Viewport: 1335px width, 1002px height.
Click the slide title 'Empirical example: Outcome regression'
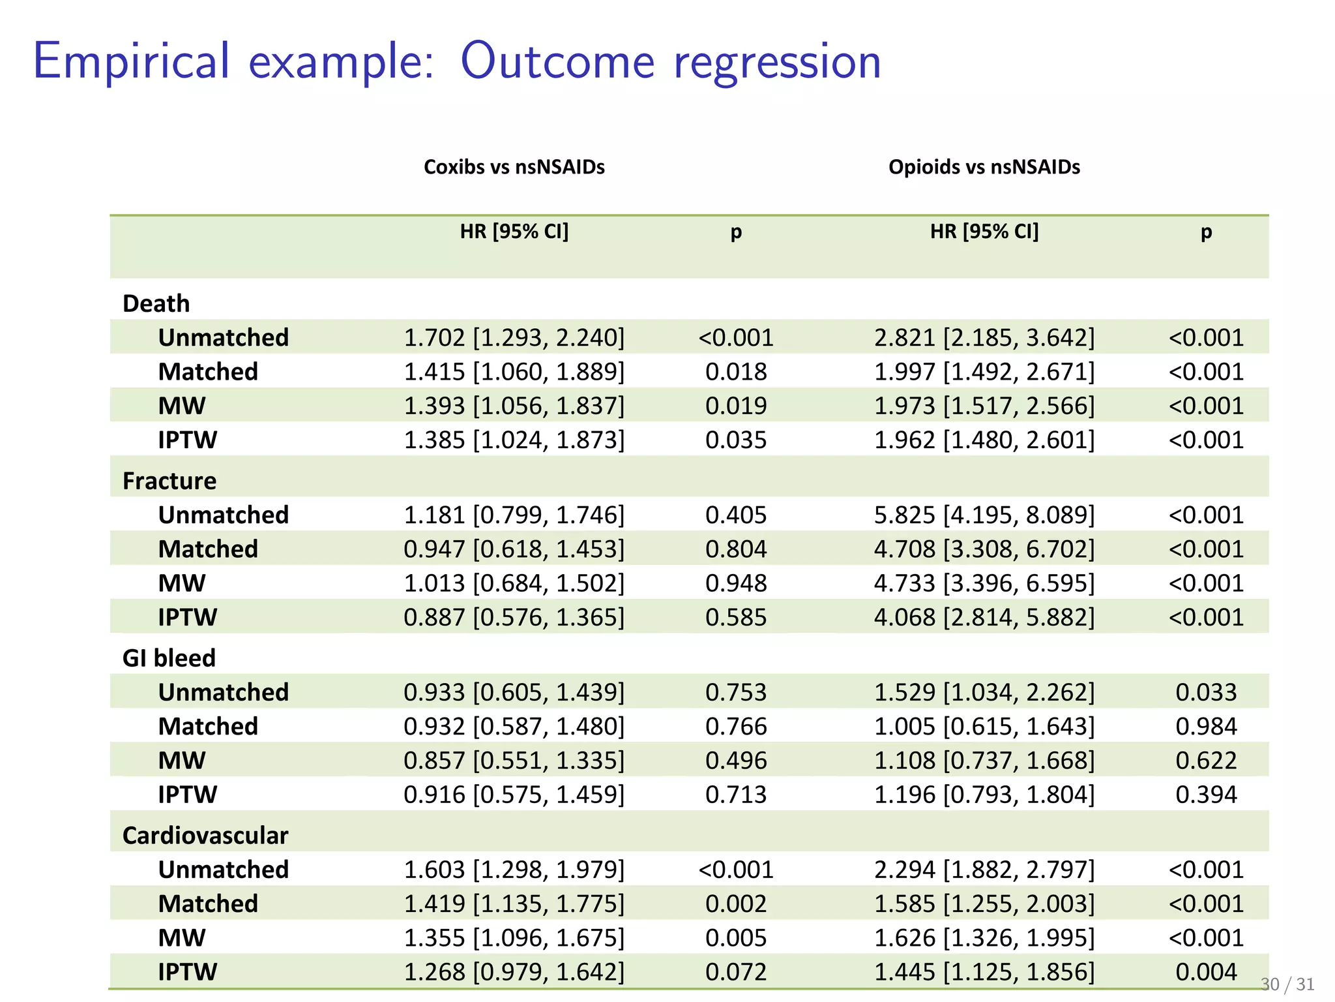(x=456, y=62)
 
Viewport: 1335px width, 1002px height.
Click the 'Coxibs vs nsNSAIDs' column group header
(x=514, y=167)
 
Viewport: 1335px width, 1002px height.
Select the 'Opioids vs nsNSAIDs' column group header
(x=984, y=167)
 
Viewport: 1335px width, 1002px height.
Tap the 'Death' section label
(x=156, y=303)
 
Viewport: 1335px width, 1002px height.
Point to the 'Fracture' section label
(x=169, y=481)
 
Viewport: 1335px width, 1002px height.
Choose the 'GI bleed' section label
(x=168, y=658)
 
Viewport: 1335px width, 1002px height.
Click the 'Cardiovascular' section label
(x=205, y=835)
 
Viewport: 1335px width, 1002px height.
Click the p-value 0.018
(x=735, y=371)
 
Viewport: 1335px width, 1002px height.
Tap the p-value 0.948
(x=735, y=583)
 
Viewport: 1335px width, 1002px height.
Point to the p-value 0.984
(x=1205, y=726)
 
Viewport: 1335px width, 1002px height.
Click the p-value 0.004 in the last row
(x=1205, y=971)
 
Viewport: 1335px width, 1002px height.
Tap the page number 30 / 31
(x=1287, y=984)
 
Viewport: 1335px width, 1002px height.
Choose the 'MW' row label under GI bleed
(x=181, y=760)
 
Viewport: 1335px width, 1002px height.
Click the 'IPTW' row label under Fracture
(x=187, y=616)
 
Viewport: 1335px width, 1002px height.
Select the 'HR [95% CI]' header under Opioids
(x=984, y=231)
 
